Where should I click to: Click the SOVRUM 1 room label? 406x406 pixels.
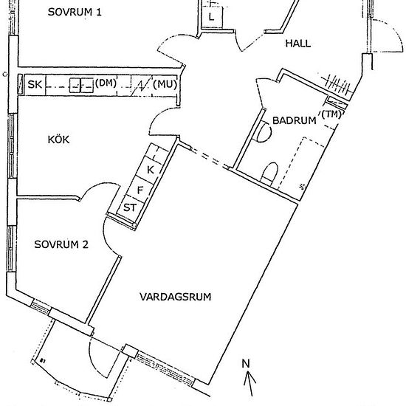coord(75,12)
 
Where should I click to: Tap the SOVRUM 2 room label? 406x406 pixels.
coord(61,244)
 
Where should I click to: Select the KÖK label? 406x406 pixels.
coord(58,140)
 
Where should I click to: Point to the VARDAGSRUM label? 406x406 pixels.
coord(175,297)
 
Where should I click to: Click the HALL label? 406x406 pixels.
coord(298,44)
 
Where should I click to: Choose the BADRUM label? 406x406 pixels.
coord(295,120)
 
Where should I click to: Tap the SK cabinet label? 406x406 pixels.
coord(35,85)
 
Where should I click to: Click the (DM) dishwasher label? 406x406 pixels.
coord(106,83)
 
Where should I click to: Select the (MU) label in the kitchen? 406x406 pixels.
coord(165,84)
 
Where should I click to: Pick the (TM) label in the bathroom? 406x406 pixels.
coord(332,114)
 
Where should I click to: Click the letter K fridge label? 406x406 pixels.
coord(151,170)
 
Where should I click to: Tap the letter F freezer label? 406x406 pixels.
coord(140,190)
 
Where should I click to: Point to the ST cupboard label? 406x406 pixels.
coord(129,207)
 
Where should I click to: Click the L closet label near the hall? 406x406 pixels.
coord(212,18)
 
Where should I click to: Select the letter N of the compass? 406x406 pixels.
coord(246,363)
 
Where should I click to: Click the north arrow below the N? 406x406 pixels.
coord(250,383)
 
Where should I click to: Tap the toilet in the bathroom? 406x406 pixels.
coord(269,173)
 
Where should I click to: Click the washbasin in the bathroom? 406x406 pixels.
coord(264,131)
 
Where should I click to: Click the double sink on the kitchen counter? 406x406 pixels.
coord(81,86)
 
